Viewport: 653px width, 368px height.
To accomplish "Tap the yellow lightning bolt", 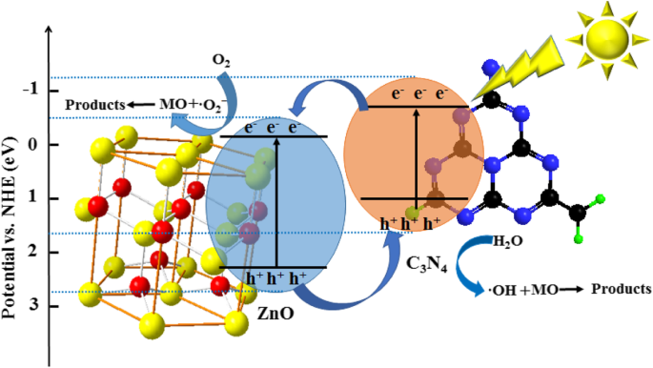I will pos(511,70).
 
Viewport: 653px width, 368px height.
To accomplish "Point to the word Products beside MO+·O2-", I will pos(94,104).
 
